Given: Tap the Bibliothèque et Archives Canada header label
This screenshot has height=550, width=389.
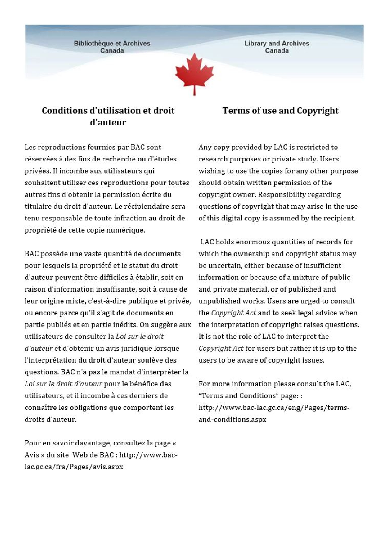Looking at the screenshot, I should [112, 47].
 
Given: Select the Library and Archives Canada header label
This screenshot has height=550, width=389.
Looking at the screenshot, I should [276, 47].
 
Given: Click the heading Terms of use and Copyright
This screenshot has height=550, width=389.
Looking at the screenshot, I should [280, 111].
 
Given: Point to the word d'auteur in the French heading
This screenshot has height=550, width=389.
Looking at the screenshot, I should [108, 122].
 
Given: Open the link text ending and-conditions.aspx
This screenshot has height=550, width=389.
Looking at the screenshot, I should [232, 419].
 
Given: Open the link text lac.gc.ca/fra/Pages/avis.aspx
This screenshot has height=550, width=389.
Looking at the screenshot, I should [74, 467].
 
